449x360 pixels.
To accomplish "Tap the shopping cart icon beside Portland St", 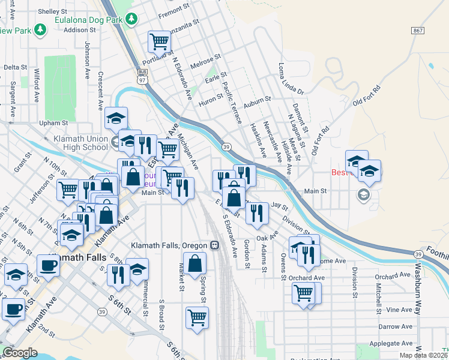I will click(x=159, y=42).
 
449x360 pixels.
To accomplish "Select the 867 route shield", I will click(x=418, y=30).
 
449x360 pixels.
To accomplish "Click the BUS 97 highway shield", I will click(x=143, y=77).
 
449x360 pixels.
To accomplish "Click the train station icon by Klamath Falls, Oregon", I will click(x=214, y=246).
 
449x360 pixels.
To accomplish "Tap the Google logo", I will click(x=20, y=353).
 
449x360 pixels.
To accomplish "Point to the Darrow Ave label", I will click(x=395, y=326).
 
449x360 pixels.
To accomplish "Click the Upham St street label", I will click(x=53, y=123).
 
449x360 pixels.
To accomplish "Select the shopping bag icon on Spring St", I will click(x=196, y=263).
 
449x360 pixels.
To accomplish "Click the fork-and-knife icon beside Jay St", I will click(x=257, y=212).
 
